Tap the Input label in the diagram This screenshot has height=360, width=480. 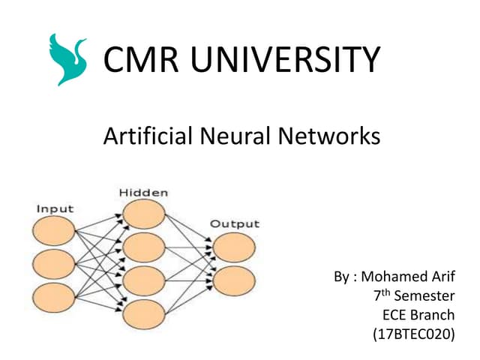55,208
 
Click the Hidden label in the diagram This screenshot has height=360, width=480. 143,193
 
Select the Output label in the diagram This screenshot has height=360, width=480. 234,223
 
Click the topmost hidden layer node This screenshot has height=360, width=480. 144,214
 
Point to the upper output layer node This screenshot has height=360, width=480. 233,247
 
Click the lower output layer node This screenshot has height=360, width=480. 233,280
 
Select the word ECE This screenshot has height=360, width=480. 395,315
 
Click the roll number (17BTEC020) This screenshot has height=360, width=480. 413,334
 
